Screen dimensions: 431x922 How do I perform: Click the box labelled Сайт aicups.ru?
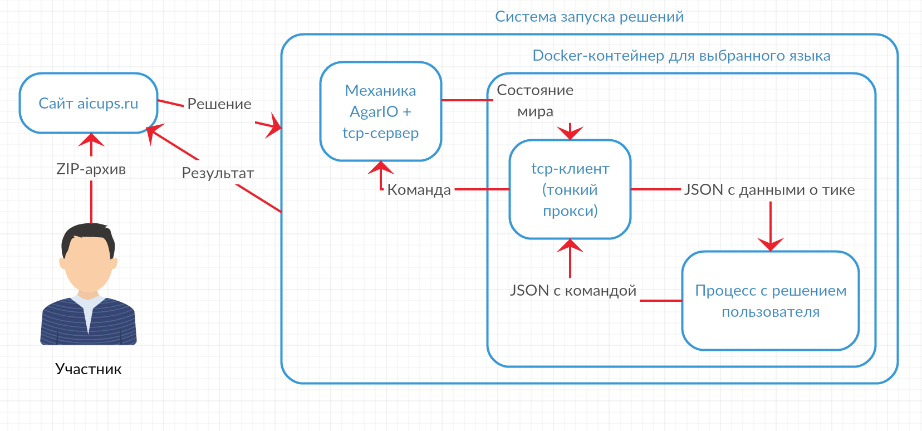coord(89,104)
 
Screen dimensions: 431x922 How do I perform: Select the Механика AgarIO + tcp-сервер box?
coord(380,111)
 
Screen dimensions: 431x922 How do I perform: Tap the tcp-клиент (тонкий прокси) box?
coord(570,189)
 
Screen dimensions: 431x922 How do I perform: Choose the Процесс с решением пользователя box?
coord(770,301)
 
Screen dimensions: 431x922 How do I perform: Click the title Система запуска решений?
coord(589,17)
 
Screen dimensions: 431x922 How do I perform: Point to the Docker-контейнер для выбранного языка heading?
coord(681,56)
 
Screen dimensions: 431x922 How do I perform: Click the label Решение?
coord(219,104)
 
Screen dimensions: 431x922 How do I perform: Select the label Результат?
coord(218,173)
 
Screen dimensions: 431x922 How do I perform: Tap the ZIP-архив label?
coord(91,169)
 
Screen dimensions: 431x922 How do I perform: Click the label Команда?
coord(419,190)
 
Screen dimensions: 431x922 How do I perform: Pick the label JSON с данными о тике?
coord(769,190)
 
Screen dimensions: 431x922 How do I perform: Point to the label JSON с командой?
coord(573,290)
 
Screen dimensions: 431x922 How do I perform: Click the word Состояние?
coord(534,90)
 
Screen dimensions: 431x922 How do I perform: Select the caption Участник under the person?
coord(88,369)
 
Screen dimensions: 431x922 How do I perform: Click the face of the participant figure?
coord(88,265)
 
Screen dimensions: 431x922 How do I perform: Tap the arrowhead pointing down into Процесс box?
coord(771,244)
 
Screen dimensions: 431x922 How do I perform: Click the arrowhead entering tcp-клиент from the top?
coord(570,133)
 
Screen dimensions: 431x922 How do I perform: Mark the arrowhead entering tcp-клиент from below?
coord(570,246)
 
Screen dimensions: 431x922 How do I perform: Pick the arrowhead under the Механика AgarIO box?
coord(381,168)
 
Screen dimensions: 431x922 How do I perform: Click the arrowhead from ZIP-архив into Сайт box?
coord(91,140)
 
